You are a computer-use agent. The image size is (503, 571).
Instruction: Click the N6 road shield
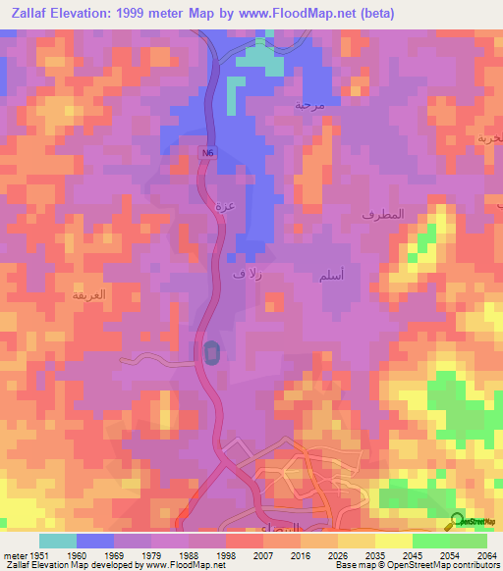207,153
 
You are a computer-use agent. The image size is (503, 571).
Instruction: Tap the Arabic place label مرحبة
309,103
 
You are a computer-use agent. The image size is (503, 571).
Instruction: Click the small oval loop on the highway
211,352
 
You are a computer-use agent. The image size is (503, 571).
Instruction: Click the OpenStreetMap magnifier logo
455,522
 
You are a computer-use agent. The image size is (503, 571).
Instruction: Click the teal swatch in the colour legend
58,540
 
